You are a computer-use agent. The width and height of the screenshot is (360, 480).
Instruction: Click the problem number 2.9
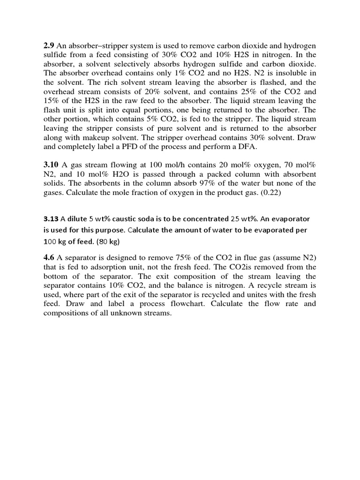(49, 45)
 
